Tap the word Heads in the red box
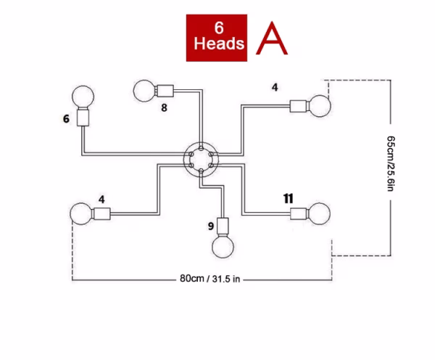click(219, 44)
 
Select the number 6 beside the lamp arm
click(66, 118)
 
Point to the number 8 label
click(164, 108)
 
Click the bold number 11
click(288, 197)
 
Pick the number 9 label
click(211, 226)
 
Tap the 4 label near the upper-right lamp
click(275, 88)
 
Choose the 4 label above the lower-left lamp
click(101, 198)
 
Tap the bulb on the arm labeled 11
click(318, 214)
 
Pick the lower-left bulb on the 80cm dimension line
click(81, 215)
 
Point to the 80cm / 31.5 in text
click(210, 278)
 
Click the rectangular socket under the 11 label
click(299, 213)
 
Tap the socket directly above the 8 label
click(164, 92)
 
